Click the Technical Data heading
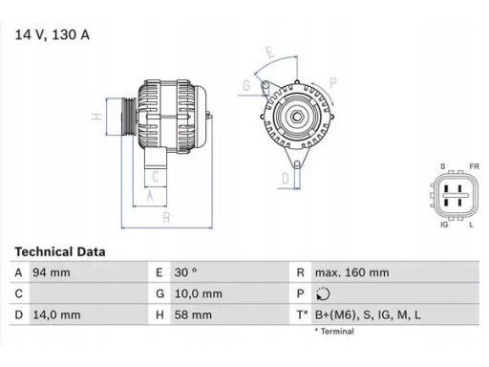click(59, 251)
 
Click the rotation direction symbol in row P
click(322, 292)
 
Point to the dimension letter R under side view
click(166, 217)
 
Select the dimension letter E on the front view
click(269, 52)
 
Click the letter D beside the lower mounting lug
click(285, 177)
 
